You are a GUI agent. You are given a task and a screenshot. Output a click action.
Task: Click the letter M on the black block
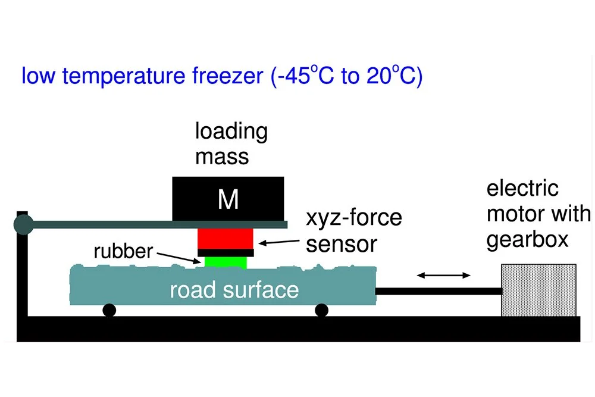point(228,200)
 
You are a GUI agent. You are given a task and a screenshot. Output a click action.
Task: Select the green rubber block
point(226,261)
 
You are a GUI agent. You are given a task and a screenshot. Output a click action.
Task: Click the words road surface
point(234,290)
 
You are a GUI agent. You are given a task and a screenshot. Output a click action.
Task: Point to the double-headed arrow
point(444,275)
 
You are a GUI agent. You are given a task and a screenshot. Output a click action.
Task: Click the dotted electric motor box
point(538,290)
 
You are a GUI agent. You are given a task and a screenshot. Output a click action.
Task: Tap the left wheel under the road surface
point(109,310)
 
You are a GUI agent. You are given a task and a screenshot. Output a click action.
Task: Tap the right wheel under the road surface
point(322,310)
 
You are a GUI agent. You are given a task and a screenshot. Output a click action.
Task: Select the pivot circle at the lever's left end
point(24,224)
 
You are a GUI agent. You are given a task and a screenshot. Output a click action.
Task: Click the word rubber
point(123,251)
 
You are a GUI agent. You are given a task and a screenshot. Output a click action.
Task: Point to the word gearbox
point(527,239)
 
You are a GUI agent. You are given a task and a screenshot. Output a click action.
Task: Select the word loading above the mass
point(231,132)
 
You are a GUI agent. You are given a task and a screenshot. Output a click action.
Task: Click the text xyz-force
point(353,218)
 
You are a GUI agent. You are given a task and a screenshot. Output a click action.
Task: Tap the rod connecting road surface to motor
point(439,291)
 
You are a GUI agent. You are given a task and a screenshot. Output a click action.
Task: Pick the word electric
point(522,189)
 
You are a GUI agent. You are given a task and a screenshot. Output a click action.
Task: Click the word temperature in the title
point(118,77)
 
